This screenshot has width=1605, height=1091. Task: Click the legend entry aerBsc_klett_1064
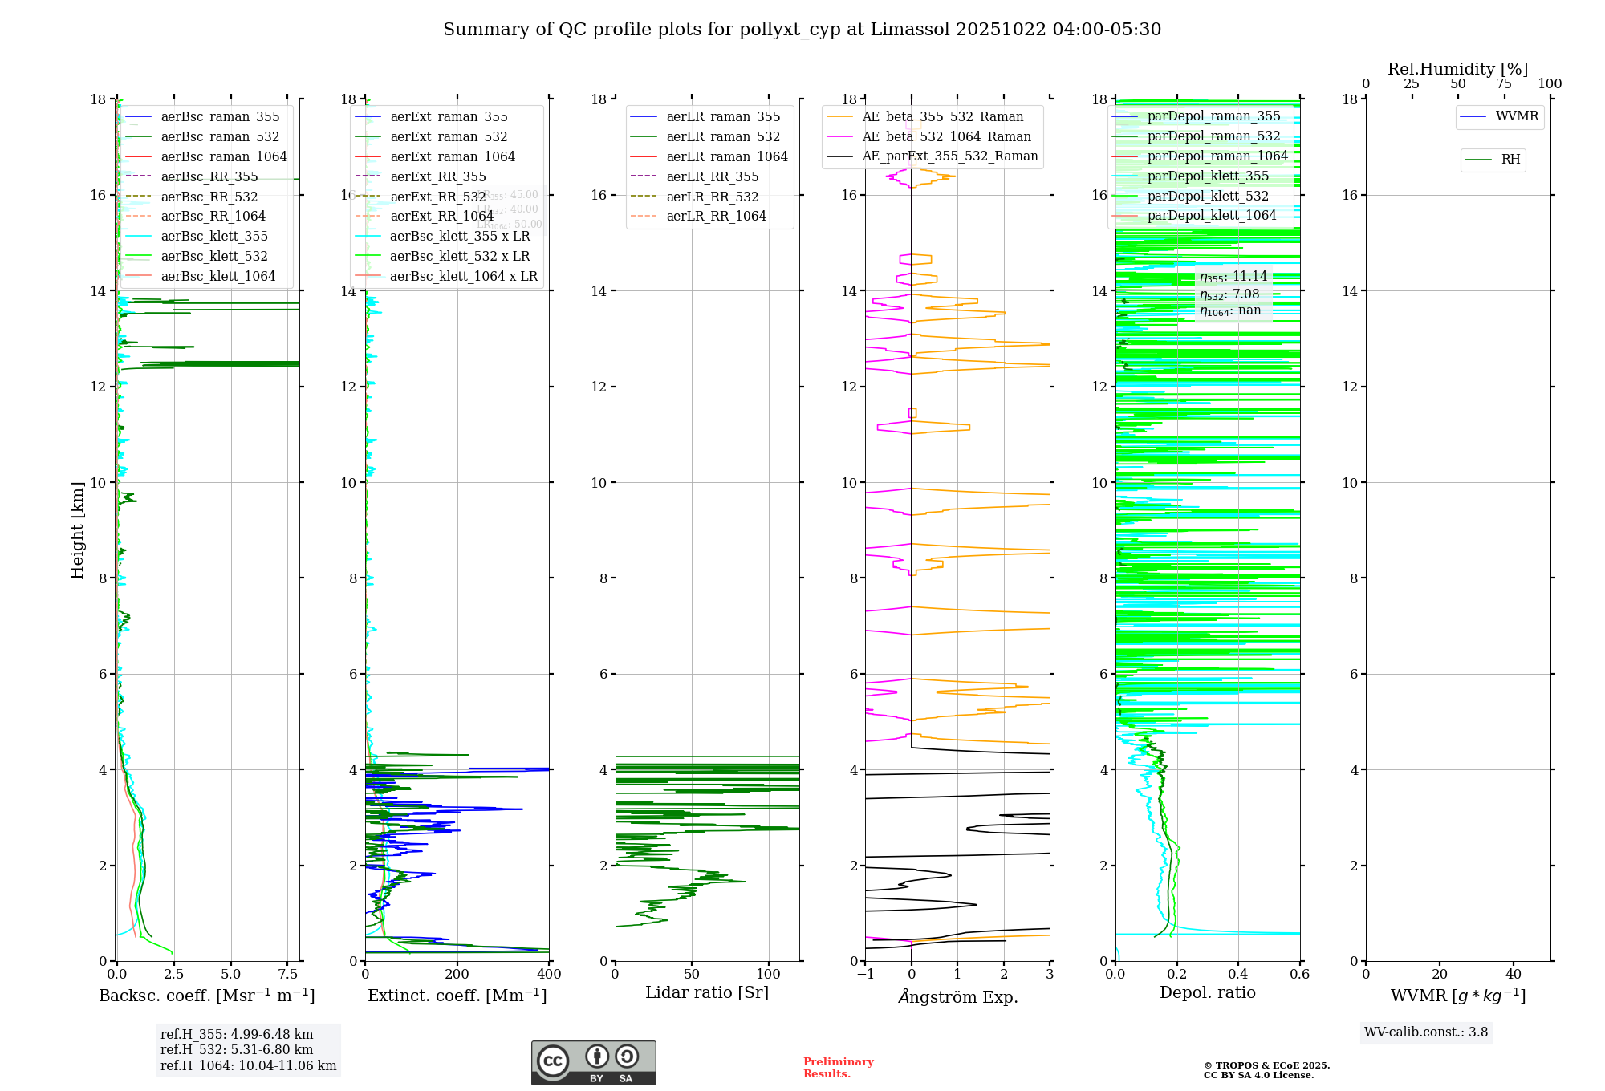[x=217, y=276]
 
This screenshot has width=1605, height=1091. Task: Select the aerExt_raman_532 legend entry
[x=449, y=136]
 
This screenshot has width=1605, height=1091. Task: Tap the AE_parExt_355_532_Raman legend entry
[x=949, y=156]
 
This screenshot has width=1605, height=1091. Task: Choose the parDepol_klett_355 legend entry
[x=1207, y=176]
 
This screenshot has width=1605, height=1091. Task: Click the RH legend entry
[x=1510, y=160]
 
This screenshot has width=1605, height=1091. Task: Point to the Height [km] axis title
[x=77, y=529]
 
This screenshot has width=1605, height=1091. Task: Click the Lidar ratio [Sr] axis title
[x=706, y=992]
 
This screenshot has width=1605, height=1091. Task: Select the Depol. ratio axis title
[x=1207, y=992]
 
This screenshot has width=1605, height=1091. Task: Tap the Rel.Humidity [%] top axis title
[x=1457, y=69]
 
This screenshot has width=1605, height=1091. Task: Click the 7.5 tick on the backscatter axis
[x=288, y=975]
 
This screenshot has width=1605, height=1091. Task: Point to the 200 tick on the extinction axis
[x=457, y=975]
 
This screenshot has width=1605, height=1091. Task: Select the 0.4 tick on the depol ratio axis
[x=1238, y=975]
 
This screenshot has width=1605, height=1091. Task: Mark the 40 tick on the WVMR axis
[x=1513, y=975]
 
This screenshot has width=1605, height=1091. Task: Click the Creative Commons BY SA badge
[x=593, y=1063]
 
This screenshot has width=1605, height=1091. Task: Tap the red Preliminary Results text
[x=838, y=1068]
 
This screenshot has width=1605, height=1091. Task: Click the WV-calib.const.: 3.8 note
[x=1426, y=1032]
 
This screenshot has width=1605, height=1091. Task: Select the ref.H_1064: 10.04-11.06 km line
[x=248, y=1066]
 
